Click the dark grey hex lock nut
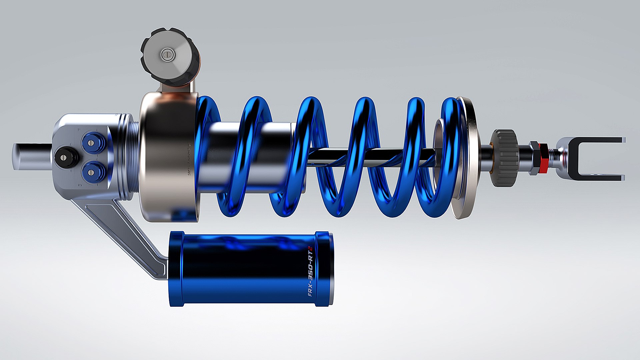point(534,157)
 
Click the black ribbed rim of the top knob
point(146,57)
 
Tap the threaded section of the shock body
point(135,157)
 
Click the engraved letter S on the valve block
point(80,184)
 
